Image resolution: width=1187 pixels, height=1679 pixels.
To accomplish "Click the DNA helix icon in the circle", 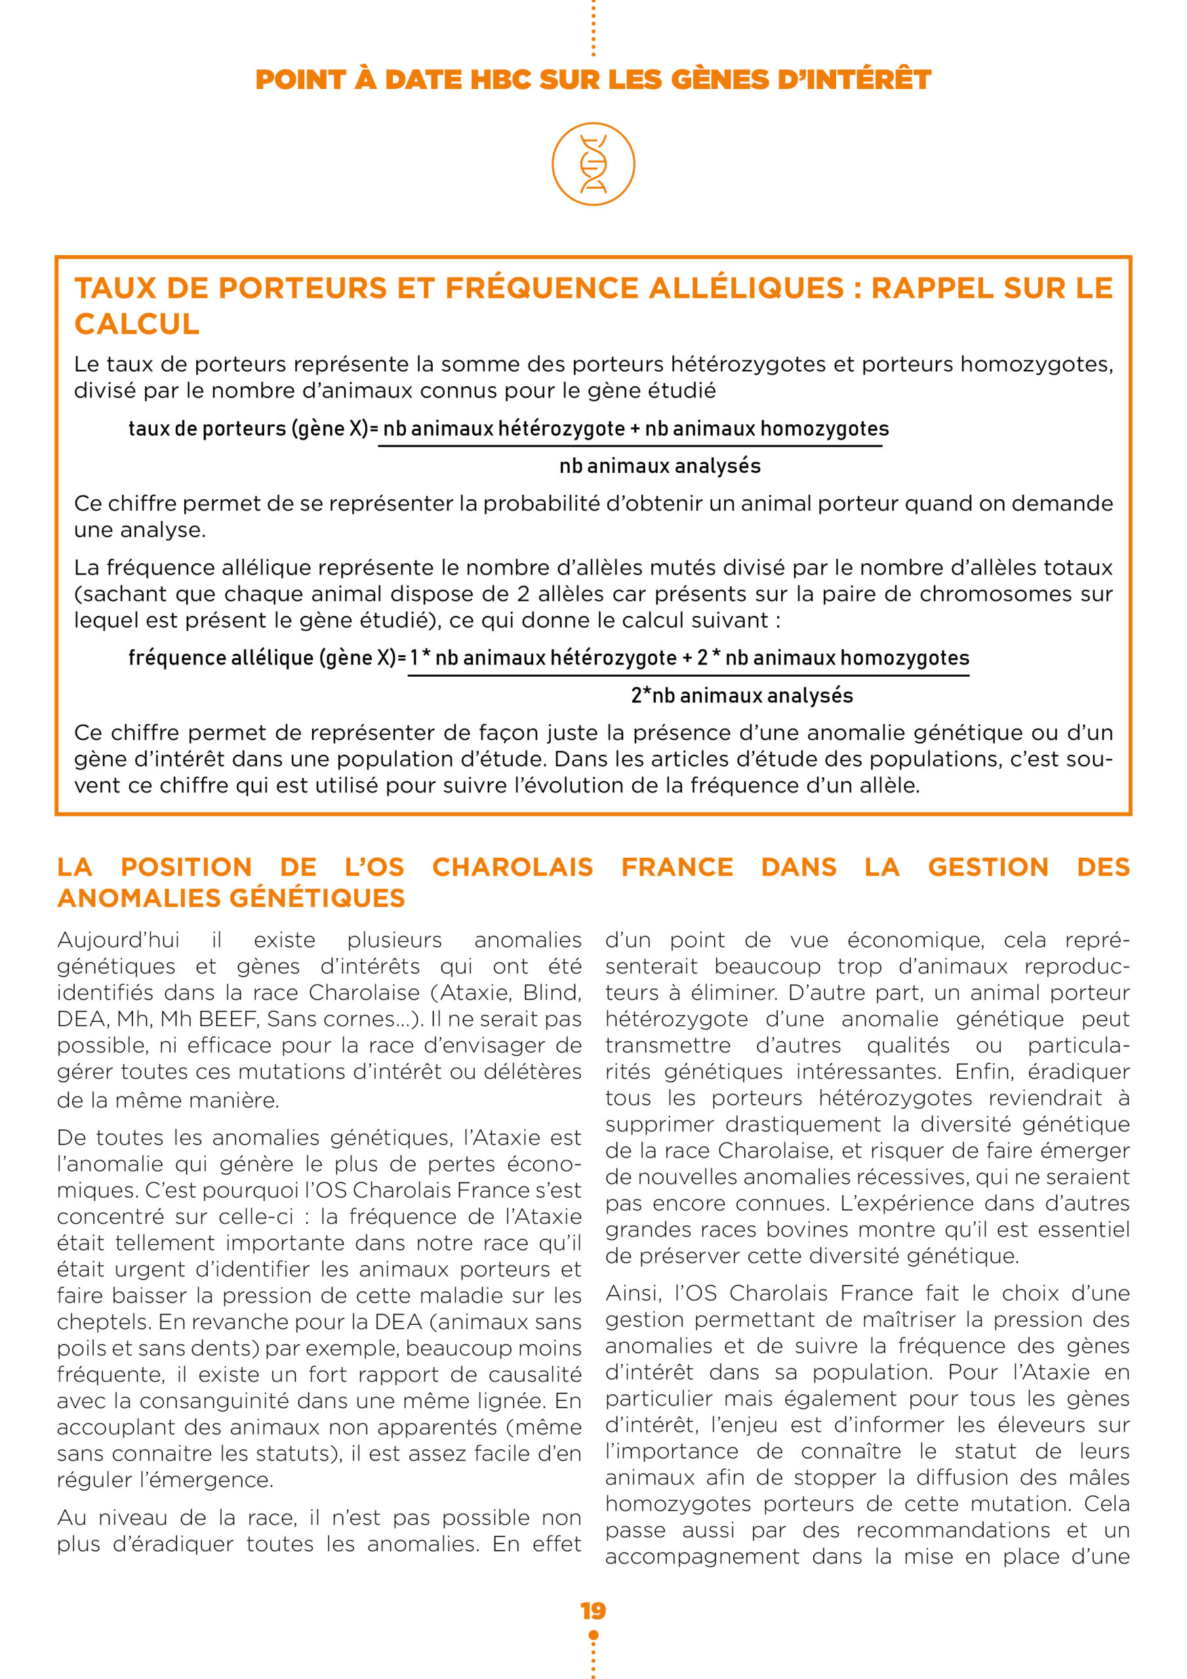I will pyautogui.click(x=593, y=164).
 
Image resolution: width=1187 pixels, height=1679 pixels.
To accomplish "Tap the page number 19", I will pyautogui.click(x=593, y=1611).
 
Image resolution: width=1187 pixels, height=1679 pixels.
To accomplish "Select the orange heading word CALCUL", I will pyautogui.click(x=137, y=324).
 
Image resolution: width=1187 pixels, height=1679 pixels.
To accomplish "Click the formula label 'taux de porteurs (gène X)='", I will pyautogui.click(x=253, y=428).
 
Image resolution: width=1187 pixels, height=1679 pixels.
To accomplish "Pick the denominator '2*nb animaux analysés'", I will pyautogui.click(x=742, y=695).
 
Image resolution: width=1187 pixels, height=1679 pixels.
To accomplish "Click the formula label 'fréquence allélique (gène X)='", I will pyautogui.click(x=267, y=657).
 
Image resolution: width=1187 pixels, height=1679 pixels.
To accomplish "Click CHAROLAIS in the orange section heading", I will pyautogui.click(x=512, y=866).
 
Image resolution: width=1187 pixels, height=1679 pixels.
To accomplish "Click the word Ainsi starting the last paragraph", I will pyautogui.click(x=634, y=1293).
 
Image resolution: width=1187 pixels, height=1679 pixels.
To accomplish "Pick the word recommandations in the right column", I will pyautogui.click(x=953, y=1531).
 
